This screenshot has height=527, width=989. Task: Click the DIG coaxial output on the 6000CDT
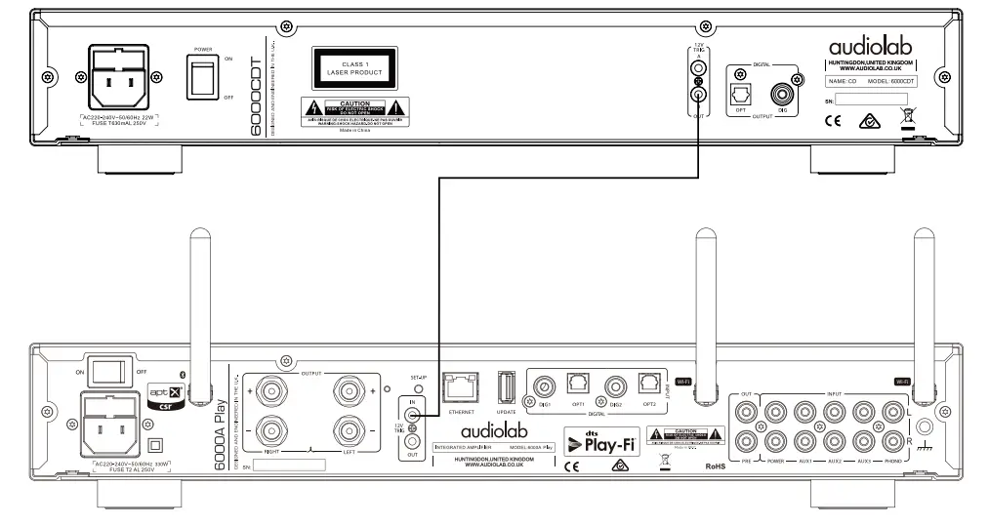tap(781, 95)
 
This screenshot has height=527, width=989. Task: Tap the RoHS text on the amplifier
tap(717, 466)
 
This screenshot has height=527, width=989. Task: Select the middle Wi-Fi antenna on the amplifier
tap(702, 312)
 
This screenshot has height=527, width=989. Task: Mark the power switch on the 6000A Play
tap(109, 369)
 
